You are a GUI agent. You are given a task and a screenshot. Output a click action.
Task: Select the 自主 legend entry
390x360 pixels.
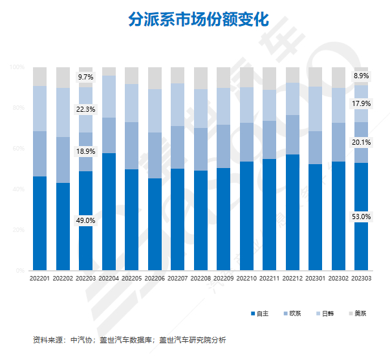[x=259, y=313]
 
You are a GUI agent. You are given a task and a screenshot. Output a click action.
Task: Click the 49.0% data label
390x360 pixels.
[x=86, y=220]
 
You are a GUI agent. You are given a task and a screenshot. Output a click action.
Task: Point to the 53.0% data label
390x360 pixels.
[x=362, y=217]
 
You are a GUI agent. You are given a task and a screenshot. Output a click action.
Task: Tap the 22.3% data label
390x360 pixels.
[x=86, y=110]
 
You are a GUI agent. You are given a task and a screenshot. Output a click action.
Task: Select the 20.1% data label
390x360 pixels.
[x=362, y=142]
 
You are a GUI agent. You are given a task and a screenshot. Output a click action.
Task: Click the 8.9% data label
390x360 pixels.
[x=362, y=76]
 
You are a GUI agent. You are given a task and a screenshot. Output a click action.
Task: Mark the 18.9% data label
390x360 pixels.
[x=86, y=151]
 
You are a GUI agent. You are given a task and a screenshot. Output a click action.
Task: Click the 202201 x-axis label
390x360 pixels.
[x=40, y=279]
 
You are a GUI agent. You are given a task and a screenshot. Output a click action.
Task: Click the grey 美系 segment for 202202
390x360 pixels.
[x=63, y=77]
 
